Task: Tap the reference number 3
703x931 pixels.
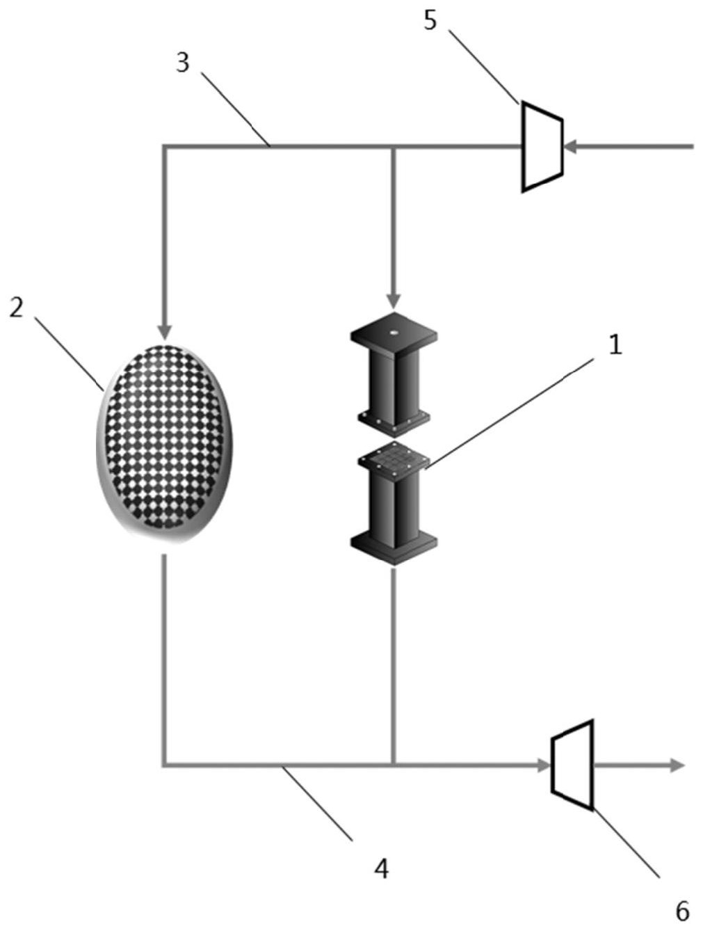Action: pos(182,63)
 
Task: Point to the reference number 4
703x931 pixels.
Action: pos(380,868)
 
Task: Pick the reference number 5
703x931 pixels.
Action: pos(431,20)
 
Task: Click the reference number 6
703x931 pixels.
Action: pos(682,909)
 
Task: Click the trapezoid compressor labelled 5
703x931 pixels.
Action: pos(542,146)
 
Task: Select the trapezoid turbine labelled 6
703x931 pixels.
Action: pos(572,765)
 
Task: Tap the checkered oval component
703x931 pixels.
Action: pos(164,443)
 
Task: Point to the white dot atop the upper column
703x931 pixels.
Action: pos(394,333)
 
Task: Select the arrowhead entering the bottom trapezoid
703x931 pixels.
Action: pos(543,765)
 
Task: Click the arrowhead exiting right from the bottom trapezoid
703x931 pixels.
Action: pos(677,765)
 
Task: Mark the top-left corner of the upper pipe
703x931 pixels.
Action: pos(164,147)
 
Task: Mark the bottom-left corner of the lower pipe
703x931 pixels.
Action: pos(164,765)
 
